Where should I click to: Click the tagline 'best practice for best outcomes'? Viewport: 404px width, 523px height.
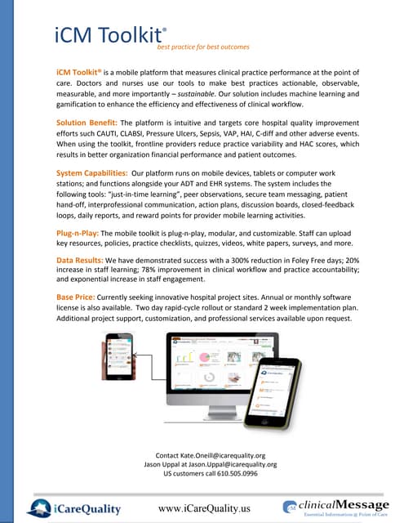[208, 47]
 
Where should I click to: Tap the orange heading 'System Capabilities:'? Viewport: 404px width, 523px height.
[91, 173]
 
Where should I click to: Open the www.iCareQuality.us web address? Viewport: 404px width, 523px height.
[204, 508]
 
